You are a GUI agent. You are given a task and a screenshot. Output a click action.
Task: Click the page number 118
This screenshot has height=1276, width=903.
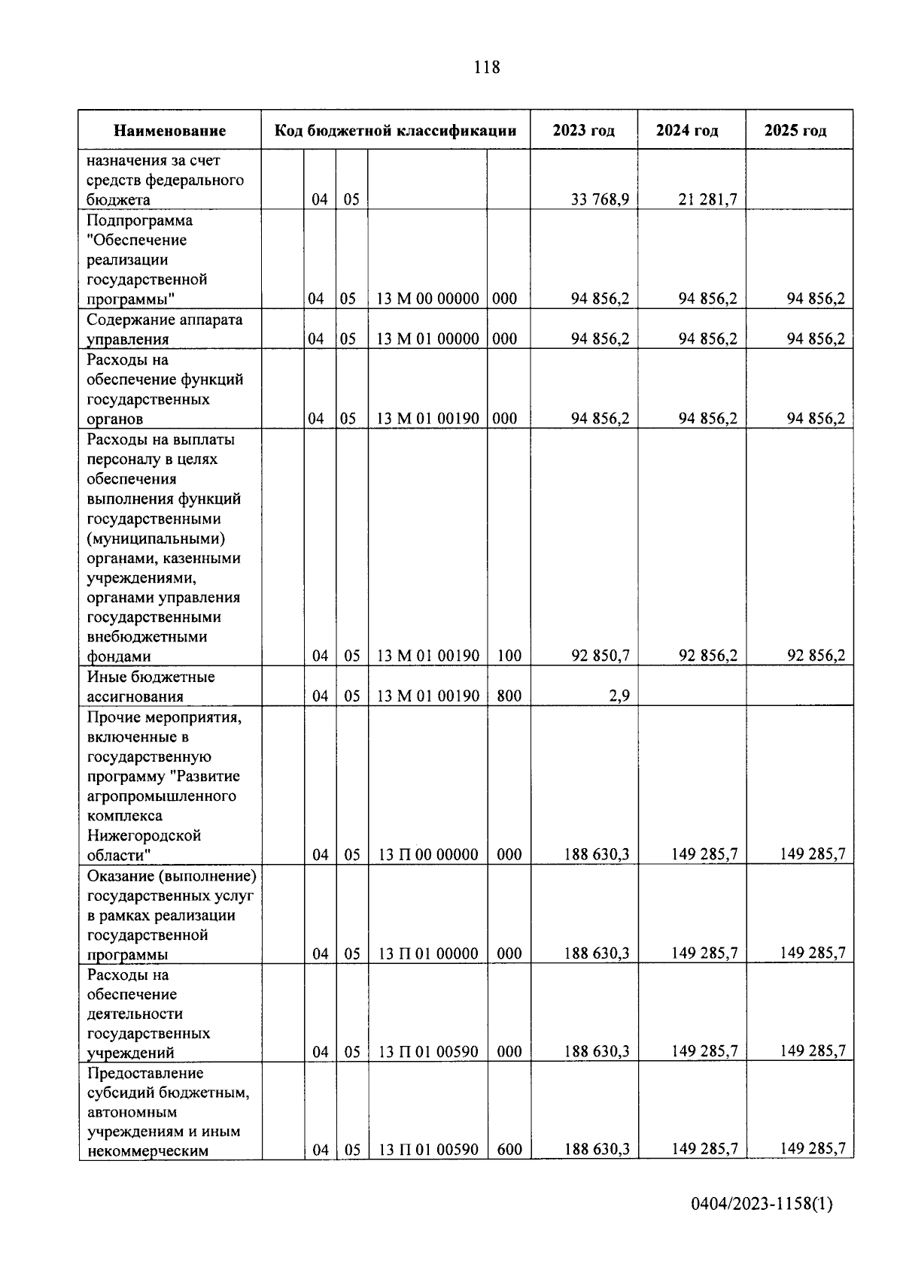[x=487, y=68]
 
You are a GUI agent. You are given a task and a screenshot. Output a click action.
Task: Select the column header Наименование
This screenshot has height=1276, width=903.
[x=170, y=131]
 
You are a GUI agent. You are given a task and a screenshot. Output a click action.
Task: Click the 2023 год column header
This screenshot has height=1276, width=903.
[x=583, y=131]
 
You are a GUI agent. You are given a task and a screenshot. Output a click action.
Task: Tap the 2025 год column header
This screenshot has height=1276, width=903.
[x=795, y=131]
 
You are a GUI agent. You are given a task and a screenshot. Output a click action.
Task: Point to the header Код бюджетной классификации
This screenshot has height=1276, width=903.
[x=396, y=131]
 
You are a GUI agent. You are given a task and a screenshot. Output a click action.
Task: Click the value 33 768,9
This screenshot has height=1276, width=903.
[x=600, y=200]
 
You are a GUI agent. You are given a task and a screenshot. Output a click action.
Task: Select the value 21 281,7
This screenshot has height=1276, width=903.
[x=707, y=200]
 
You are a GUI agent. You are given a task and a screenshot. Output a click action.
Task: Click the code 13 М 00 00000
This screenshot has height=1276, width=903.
[x=427, y=299]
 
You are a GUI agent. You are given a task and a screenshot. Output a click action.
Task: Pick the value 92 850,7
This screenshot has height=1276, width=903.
[x=600, y=656]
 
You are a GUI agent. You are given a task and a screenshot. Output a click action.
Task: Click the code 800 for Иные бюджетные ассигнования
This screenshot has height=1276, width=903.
[x=509, y=696]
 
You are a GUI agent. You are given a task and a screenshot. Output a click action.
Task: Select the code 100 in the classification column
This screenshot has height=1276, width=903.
[x=509, y=656]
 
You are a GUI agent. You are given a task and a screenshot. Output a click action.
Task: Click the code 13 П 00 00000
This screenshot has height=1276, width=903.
[x=427, y=855]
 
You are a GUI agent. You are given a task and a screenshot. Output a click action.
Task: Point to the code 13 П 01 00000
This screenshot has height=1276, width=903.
[x=427, y=954]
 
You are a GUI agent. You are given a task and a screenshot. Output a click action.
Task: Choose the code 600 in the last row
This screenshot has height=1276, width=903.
[x=509, y=1150]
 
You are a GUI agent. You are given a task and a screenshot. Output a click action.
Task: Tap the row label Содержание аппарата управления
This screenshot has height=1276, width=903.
[x=164, y=329]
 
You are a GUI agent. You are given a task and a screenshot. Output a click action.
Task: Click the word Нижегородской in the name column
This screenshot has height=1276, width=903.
[x=144, y=835]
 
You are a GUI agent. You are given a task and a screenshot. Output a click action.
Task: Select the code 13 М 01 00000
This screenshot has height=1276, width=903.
[x=427, y=339]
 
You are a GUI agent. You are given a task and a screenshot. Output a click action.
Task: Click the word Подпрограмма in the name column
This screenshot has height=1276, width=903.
[x=139, y=220]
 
